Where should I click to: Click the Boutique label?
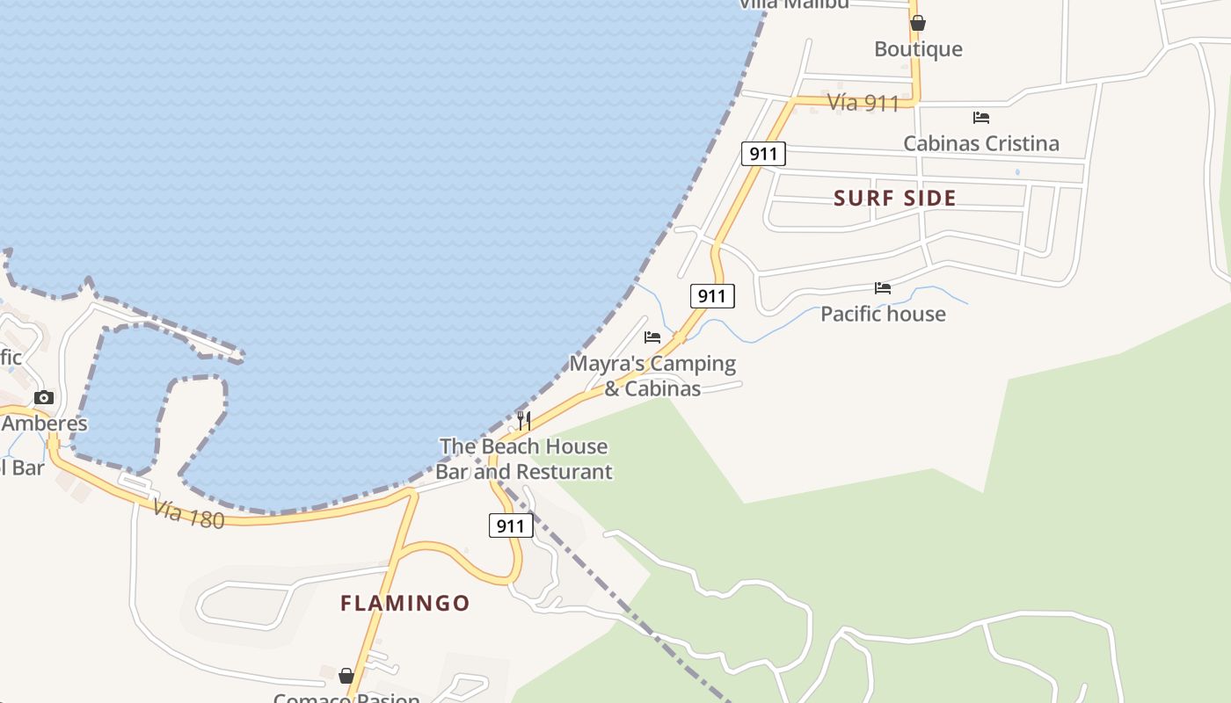tap(918, 49)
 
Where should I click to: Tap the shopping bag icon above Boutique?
tap(918, 23)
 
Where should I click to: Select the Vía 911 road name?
tap(863, 103)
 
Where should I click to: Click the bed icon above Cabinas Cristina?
tap(981, 117)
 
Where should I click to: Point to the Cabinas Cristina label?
tap(981, 143)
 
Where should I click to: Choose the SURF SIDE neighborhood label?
tap(895, 198)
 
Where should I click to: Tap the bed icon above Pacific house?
tap(883, 287)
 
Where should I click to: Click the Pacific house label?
tap(883, 314)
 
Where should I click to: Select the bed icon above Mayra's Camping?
tap(652, 337)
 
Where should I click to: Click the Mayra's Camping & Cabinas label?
tap(652, 375)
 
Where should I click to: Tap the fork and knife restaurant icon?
tap(524, 420)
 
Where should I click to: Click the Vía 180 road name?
tap(188, 513)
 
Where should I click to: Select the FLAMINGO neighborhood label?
tap(405, 603)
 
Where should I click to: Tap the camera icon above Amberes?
tap(44, 397)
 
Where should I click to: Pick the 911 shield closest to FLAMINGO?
tap(510, 526)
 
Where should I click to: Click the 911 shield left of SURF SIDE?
tap(763, 154)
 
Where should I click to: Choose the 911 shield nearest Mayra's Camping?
tap(711, 296)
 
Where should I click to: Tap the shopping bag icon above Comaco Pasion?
tap(346, 676)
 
